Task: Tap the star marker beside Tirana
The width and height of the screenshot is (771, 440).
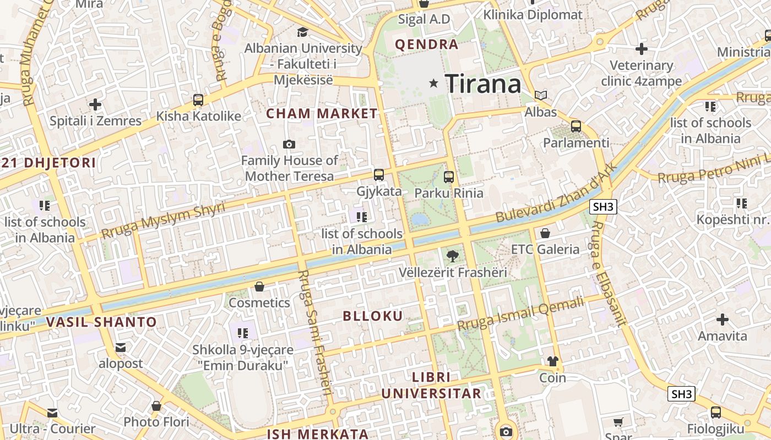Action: tap(434, 84)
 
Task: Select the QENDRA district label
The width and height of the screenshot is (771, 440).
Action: tap(427, 45)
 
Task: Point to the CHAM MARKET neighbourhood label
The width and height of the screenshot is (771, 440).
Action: tap(322, 114)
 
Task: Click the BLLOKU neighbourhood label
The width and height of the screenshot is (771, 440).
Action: tap(373, 316)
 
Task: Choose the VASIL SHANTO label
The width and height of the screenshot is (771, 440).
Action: tap(101, 322)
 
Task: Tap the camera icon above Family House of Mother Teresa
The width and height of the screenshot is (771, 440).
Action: tap(289, 144)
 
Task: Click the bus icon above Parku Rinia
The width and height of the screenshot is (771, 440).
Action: tap(449, 177)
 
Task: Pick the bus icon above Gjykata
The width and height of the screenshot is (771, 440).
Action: tap(379, 175)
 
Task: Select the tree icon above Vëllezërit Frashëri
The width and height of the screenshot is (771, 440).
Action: tap(452, 255)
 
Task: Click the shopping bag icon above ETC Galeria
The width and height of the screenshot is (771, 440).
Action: tap(545, 233)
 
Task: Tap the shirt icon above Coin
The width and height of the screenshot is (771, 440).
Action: tap(552, 361)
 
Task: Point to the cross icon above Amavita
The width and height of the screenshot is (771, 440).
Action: tap(722, 319)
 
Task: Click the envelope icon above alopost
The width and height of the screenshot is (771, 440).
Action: tap(121, 348)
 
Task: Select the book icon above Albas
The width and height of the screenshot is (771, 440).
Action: tap(541, 95)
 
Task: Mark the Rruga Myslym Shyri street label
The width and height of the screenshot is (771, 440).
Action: tap(163, 221)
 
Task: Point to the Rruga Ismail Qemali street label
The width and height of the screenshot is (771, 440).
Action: tap(520, 314)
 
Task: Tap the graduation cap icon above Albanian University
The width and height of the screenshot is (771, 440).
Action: tap(302, 32)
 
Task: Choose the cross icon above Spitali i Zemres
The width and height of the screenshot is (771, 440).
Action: tap(95, 104)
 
